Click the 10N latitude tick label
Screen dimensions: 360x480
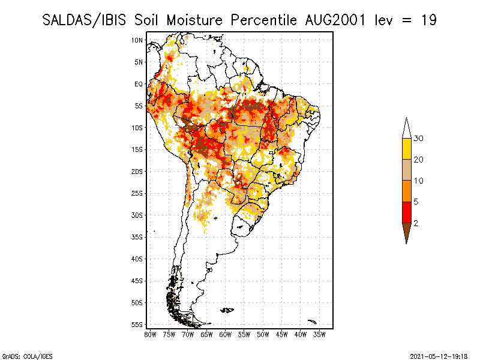(x=137, y=40)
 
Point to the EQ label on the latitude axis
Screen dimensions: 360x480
(x=138, y=84)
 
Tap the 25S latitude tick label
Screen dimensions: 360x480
(x=137, y=193)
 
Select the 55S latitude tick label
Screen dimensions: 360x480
(x=137, y=325)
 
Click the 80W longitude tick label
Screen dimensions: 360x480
(x=150, y=334)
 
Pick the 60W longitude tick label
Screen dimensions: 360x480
(x=226, y=334)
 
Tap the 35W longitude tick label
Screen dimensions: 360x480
(x=320, y=334)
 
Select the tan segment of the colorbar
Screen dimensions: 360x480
(x=406, y=170)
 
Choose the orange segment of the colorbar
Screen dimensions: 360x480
(x=406, y=191)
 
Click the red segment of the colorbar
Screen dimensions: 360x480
(x=406, y=212)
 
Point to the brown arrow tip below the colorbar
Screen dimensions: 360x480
(x=406, y=232)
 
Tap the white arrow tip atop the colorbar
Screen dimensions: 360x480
(x=406, y=128)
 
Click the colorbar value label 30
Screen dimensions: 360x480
(x=419, y=139)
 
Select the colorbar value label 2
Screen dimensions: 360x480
(x=416, y=223)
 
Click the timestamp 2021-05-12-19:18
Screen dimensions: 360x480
(x=439, y=356)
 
